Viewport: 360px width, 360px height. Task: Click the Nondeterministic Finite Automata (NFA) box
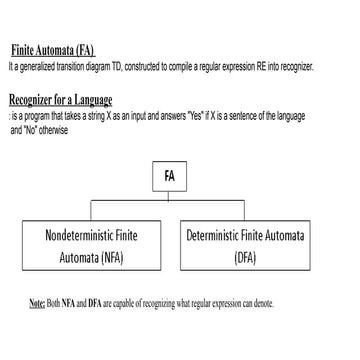pyautogui.click(x=91, y=246)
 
